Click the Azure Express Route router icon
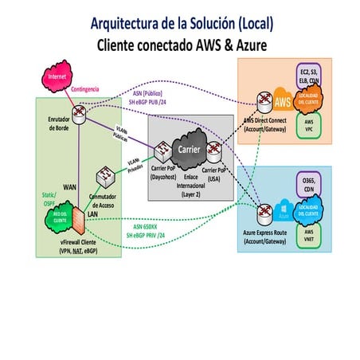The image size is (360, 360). click(x=263, y=212)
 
